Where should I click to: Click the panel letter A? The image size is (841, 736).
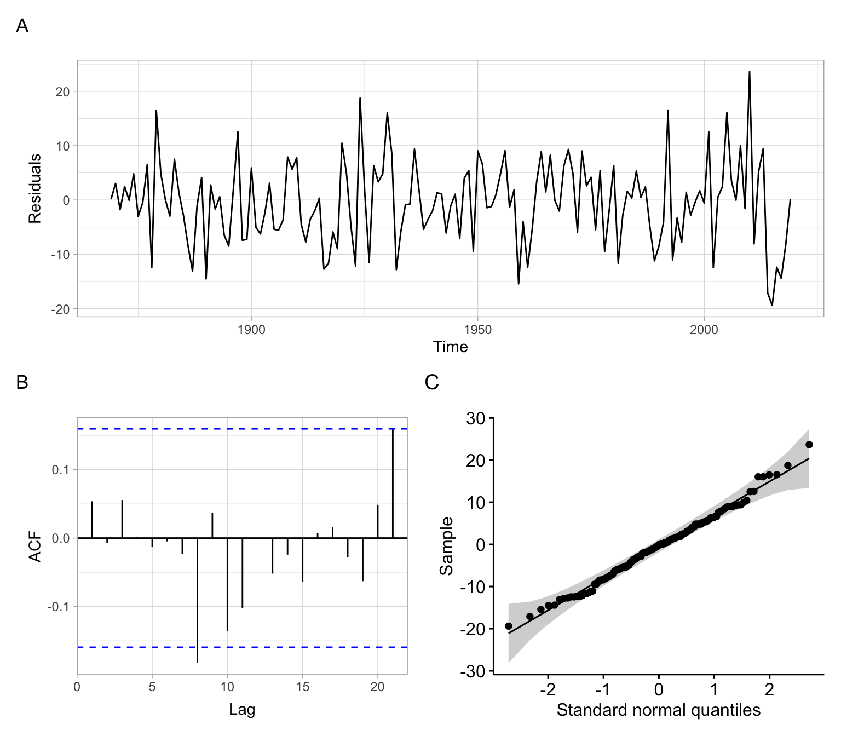coord(22,26)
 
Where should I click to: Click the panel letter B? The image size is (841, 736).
coord(22,382)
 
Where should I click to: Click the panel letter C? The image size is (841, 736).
coord(431,382)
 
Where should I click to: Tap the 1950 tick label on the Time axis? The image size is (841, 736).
coord(477,330)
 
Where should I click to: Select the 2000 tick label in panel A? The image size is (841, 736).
coord(704,330)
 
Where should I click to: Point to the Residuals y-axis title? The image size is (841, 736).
coord(35,188)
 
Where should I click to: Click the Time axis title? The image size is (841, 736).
coord(450,347)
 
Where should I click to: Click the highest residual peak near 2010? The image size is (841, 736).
coord(750,72)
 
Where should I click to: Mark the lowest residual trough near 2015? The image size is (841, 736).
coord(772,305)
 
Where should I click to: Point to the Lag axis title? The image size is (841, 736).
coord(242,710)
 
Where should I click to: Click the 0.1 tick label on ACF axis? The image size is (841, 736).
coord(61,470)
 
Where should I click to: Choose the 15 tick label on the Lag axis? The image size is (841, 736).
coord(302,687)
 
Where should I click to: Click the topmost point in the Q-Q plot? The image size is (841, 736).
coord(809,445)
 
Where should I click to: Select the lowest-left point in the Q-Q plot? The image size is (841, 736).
coord(508,626)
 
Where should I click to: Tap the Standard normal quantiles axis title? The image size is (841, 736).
coord(658,710)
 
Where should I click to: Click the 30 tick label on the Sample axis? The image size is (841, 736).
coord(475,419)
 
